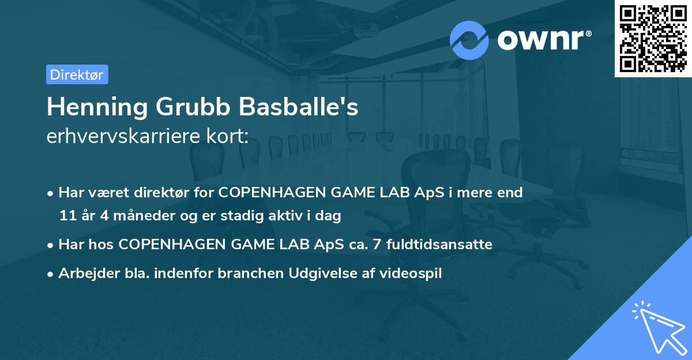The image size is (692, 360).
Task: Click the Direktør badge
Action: click(77, 74)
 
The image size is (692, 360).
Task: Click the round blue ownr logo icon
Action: click(469, 40)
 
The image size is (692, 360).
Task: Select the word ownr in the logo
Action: click(544, 40)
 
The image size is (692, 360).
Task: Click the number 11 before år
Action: click(67, 216)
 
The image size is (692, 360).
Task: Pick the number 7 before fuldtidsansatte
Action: click(378, 245)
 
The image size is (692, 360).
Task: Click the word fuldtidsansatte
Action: click(440, 245)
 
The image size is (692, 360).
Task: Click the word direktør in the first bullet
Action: click(154, 193)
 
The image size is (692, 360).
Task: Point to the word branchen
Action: click(247, 273)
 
